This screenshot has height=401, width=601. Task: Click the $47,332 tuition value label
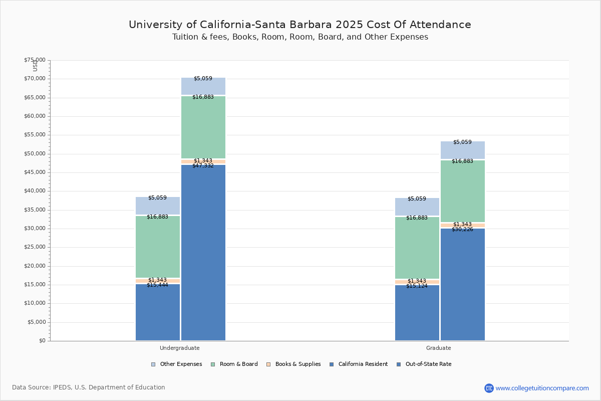[x=203, y=166]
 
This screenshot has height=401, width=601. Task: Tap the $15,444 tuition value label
[x=157, y=285]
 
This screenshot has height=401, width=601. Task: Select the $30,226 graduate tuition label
[x=462, y=230]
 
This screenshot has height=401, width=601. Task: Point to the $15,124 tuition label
[x=417, y=286]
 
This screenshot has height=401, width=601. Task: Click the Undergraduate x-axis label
[x=180, y=348]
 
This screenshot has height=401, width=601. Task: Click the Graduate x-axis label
[x=439, y=348]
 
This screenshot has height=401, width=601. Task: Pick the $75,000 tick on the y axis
[x=35, y=60]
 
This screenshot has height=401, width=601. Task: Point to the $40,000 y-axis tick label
[x=35, y=191]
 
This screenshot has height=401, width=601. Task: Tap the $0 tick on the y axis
[x=42, y=341]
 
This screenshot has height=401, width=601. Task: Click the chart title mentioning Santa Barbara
[x=300, y=25]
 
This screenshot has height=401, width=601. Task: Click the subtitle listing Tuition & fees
[x=300, y=37]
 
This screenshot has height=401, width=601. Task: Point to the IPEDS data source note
[x=89, y=387]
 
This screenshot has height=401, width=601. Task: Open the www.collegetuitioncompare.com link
[x=542, y=388]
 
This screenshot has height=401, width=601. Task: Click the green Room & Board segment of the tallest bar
[x=203, y=128]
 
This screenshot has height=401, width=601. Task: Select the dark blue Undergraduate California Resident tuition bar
[x=158, y=313]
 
